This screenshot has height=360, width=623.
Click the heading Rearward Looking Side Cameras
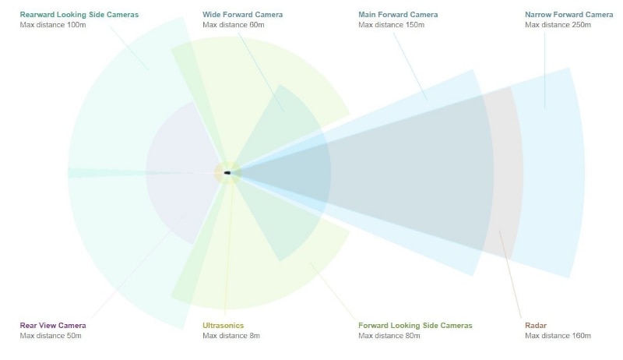[x=79, y=15]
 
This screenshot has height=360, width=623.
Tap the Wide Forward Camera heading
[x=242, y=15]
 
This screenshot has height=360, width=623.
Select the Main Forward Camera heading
[x=398, y=15]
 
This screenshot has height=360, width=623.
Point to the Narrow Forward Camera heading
[x=568, y=15]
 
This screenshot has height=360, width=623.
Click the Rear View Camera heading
[x=53, y=326]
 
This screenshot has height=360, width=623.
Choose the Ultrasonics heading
[x=223, y=326]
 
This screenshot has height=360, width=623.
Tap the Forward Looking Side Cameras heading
[x=415, y=326]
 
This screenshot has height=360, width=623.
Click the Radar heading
[x=536, y=326]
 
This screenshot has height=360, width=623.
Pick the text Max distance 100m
[x=53, y=25]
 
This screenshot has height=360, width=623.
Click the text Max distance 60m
[x=233, y=25]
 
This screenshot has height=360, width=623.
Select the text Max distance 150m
[x=391, y=25]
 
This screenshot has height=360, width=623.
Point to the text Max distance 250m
[x=558, y=25]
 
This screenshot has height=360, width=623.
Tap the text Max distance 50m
[x=51, y=336]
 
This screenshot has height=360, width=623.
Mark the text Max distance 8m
[x=231, y=336]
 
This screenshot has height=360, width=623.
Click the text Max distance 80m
[x=389, y=336]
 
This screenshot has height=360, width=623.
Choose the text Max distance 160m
[x=558, y=336]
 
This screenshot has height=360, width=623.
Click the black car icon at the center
[x=227, y=173]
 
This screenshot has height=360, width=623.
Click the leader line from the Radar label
[x=510, y=274]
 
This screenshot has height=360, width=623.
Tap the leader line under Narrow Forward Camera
[x=544, y=70]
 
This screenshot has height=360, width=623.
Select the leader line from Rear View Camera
[x=140, y=264]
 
